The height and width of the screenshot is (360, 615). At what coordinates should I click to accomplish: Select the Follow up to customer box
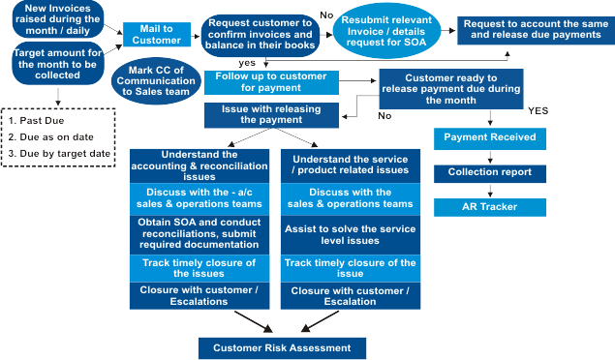(272, 82)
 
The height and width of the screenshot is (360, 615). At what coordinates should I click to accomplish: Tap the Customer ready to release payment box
(450, 86)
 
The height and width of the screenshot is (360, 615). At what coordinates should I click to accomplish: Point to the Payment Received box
(489, 137)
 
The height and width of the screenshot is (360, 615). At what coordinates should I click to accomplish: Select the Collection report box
(489, 172)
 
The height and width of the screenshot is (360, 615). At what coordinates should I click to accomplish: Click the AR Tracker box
(489, 207)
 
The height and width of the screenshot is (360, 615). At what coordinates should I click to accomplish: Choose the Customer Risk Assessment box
(283, 346)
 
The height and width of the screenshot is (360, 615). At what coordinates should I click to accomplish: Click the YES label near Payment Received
(538, 110)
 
